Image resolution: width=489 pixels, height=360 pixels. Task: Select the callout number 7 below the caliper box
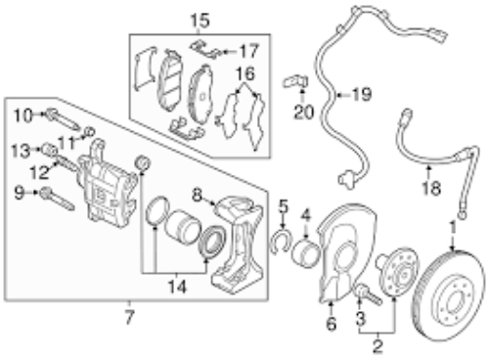pos(128,317)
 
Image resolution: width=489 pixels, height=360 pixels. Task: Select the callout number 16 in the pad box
pos(244,73)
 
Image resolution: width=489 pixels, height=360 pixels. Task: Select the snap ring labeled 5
pos(280,245)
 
